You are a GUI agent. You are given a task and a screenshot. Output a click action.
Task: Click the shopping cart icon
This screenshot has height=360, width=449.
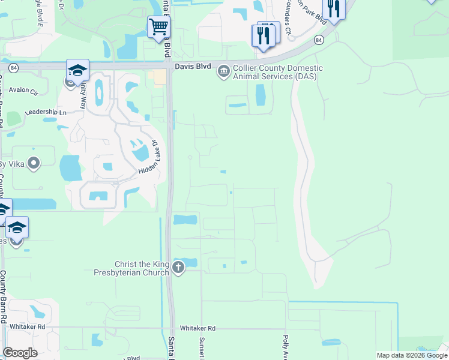[158, 26]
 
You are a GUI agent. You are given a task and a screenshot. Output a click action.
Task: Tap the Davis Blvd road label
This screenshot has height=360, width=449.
[190, 68]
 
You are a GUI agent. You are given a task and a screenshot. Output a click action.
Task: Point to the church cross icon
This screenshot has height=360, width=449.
[178, 267]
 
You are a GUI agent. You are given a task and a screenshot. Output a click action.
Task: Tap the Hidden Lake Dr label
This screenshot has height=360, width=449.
[148, 158]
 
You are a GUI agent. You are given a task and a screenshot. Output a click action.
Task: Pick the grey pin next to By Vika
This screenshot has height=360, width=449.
[34, 162]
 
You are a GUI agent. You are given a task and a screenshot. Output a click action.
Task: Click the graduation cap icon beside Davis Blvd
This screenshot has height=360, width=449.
[77, 71]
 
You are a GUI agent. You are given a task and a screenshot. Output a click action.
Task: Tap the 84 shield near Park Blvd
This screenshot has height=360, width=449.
[318, 40]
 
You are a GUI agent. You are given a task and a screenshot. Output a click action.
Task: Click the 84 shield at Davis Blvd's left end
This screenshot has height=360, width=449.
[14, 68]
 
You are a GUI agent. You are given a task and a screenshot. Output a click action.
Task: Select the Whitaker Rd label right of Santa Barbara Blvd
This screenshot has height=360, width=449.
[197, 328]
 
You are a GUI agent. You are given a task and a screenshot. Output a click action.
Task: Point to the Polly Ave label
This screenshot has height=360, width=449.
[286, 347]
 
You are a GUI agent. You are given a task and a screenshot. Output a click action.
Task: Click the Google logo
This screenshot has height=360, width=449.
[20, 352]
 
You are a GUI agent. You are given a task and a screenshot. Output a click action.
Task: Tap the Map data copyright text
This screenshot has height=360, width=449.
[411, 355]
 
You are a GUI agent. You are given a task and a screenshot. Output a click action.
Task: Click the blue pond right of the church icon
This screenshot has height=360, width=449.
[189, 262]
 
